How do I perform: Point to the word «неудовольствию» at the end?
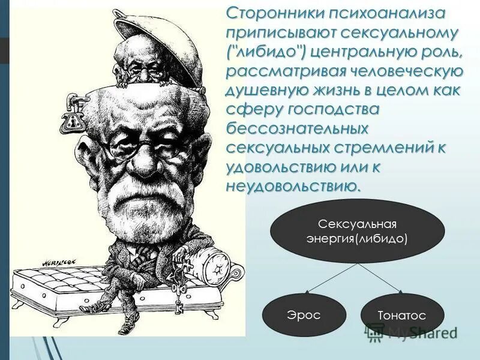pyautogui.click(x=293, y=185)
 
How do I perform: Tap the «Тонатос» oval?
pyautogui.click(x=401, y=316)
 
